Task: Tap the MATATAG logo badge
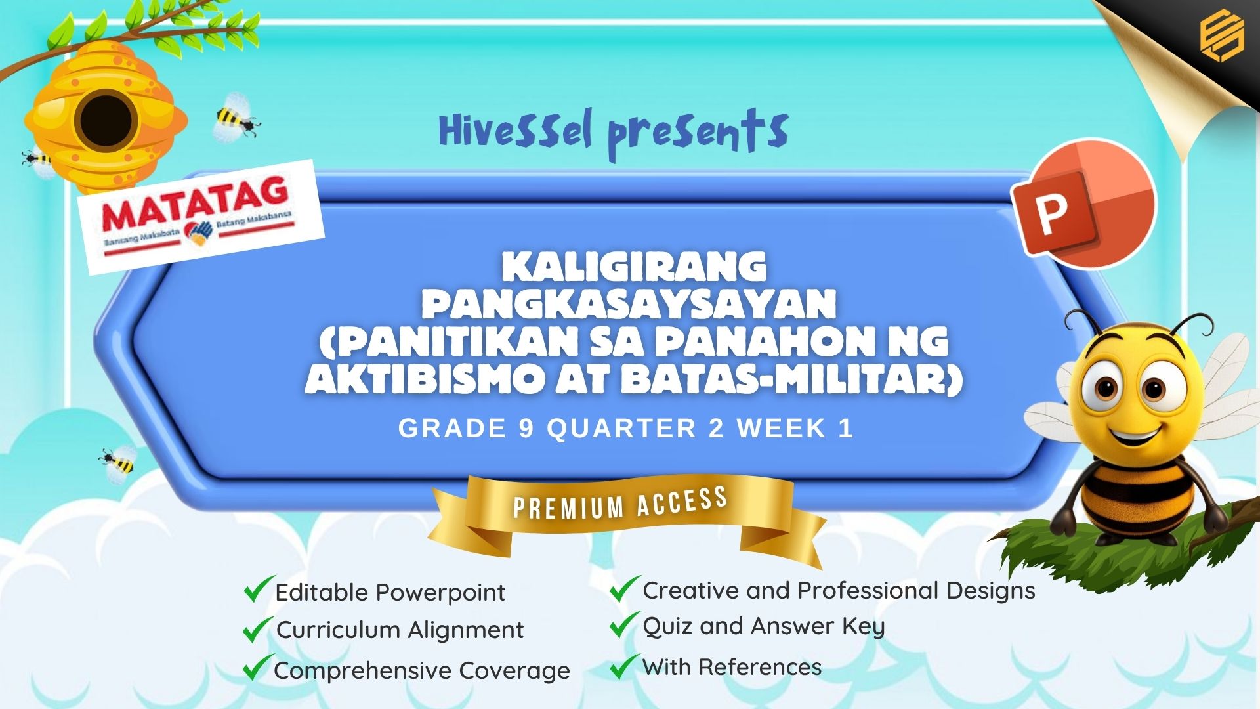[201, 217]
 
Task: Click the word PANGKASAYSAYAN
[629, 303]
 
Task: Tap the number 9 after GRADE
[526, 429]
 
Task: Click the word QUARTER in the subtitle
[621, 429]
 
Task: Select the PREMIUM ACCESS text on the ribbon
[620, 504]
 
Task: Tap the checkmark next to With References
[625, 666]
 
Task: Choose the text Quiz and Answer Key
[764, 627]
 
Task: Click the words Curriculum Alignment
[400, 630]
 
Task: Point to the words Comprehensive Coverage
[422, 671]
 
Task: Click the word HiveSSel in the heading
[516, 131]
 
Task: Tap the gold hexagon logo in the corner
[1221, 37]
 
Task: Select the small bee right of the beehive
[236, 118]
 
